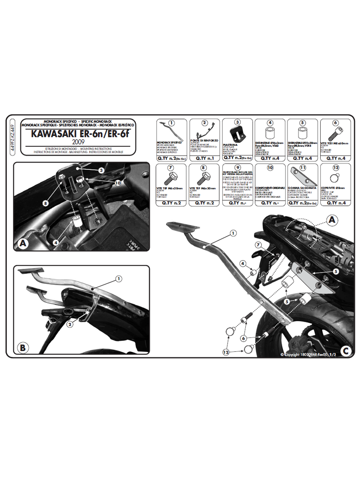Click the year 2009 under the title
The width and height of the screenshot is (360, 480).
(80, 142)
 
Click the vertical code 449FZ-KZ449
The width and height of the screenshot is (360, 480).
(12, 137)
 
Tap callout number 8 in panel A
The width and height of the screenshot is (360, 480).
(45, 204)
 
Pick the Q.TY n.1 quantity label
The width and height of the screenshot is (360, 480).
(204, 158)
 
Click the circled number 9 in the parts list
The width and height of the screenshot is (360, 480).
(237, 168)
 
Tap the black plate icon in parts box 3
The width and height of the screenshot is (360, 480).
(238, 132)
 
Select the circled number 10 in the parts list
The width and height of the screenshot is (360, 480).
(270, 168)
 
